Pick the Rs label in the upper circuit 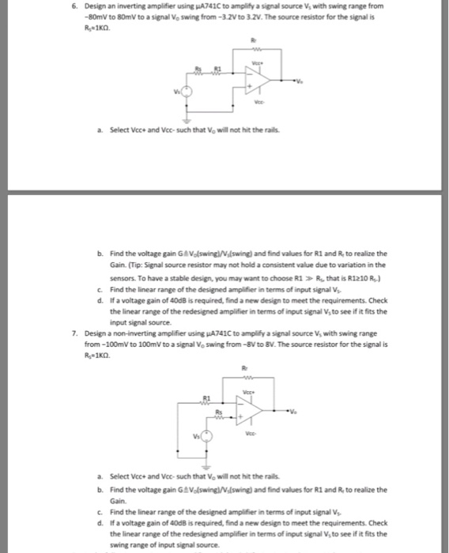click(x=199, y=70)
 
